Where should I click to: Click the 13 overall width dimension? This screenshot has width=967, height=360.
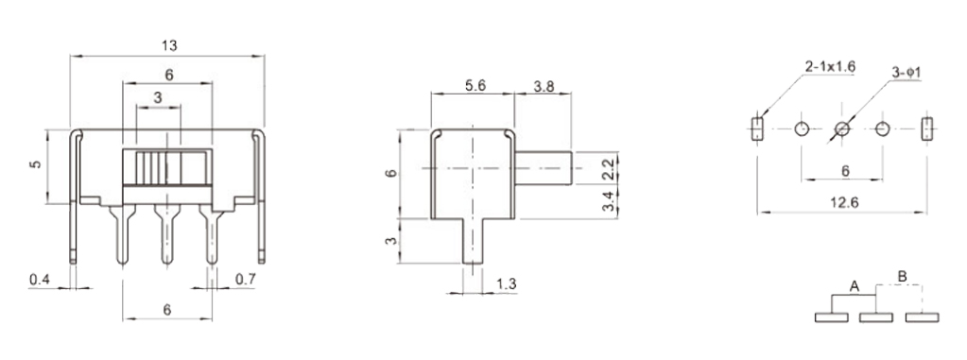(x=169, y=45)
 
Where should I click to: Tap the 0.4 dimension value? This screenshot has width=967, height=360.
(x=40, y=280)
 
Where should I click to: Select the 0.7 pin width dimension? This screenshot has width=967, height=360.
(x=246, y=280)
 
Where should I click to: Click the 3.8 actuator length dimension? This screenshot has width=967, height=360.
(x=544, y=86)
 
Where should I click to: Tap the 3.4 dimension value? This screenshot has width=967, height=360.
(x=608, y=201)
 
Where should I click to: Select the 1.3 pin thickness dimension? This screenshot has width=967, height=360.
(x=507, y=284)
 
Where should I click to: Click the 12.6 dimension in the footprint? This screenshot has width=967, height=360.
(x=844, y=201)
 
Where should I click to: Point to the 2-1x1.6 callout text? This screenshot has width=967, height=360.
(x=830, y=66)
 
